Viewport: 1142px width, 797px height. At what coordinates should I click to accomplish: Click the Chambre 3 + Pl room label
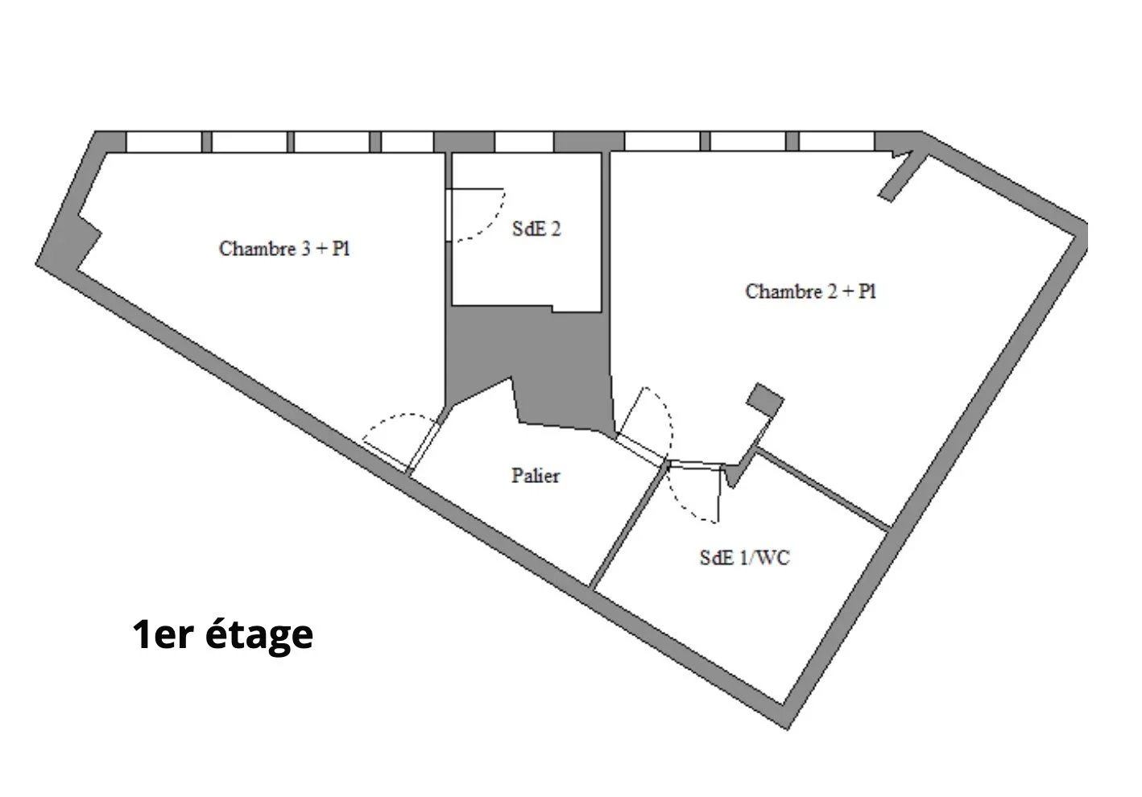pos(284,249)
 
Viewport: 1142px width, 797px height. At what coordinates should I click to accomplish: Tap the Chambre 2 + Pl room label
pos(811,291)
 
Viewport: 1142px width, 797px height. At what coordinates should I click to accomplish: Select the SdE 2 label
pos(536,229)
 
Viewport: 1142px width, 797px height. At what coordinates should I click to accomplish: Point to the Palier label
pos(536,476)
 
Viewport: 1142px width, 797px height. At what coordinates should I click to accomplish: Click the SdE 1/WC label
pos(744,557)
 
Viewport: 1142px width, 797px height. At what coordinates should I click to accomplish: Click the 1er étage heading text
pos(223,634)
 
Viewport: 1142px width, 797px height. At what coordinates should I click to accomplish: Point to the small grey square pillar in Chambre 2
pos(765,398)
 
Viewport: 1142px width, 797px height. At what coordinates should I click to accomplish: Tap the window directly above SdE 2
pos(524,142)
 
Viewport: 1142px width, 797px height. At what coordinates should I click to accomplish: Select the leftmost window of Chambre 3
pos(163,142)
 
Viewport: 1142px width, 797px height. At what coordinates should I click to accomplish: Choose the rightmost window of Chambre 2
pos(837,142)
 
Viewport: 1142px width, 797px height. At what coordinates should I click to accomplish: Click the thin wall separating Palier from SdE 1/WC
pos(628,525)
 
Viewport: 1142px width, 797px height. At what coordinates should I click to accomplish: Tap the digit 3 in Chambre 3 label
pos(306,249)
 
